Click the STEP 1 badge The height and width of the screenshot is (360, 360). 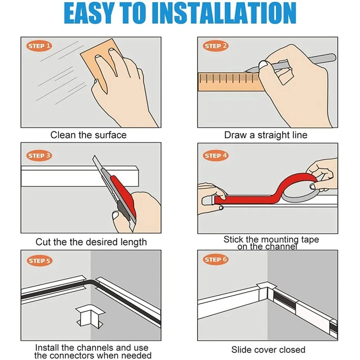tap(39, 46)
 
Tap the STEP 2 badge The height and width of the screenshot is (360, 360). tap(216, 46)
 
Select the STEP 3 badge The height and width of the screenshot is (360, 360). tap(39, 156)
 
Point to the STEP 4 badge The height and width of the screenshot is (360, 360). tap(216, 156)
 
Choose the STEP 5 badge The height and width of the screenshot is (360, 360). tap(40, 261)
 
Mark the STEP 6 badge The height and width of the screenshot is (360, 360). tap(216, 260)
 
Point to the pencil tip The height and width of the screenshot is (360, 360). tap(245, 71)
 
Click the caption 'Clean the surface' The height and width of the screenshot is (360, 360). tap(88, 135)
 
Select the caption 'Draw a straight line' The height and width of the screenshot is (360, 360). tap(265, 135)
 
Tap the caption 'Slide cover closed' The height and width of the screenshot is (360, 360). tap(268, 350)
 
